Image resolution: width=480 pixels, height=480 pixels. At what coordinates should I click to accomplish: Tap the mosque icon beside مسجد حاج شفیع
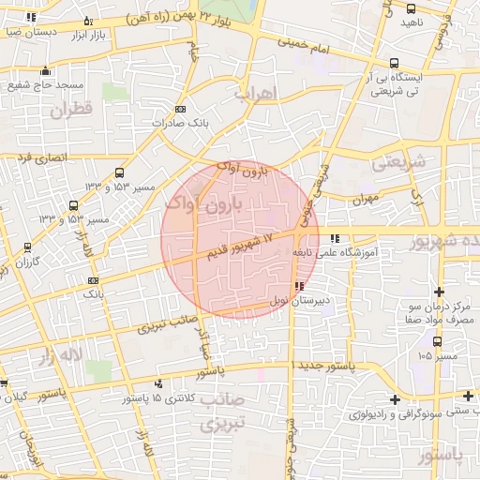[46, 70]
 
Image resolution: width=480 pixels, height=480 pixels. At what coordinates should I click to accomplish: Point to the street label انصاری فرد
[40, 157]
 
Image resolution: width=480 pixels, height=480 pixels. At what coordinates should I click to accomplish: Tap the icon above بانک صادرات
[180, 109]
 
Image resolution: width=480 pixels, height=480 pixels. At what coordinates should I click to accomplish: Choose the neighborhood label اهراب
[250, 96]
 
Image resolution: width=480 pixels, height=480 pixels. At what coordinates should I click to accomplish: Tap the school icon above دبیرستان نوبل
[299, 286]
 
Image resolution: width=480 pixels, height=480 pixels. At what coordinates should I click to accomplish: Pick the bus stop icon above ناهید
[411, 8]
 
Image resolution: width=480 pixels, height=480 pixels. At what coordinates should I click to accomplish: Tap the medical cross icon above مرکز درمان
[438, 292]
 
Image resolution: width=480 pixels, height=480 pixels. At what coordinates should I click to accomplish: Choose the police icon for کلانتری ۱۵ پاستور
[158, 383]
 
